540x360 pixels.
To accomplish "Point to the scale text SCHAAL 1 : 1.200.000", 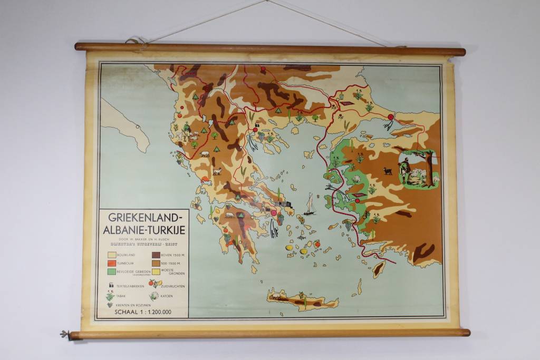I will tap(142, 312).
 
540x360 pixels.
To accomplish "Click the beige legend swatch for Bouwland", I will tap(111, 255).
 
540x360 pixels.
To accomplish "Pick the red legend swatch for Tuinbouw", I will tap(111, 263).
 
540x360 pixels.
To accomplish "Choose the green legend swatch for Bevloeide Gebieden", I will tap(111, 271).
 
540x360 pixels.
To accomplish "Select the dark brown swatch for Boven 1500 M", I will tap(156, 255).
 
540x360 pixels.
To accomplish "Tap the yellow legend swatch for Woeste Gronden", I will tap(156, 271).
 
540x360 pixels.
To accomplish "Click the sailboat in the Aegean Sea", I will tap(310, 205).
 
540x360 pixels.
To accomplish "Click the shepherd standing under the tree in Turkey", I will tap(405, 170).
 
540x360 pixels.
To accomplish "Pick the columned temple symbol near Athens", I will tap(282, 204).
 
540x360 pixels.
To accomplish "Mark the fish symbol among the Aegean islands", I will tap(301, 238).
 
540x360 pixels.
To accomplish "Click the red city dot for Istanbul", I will tap(391, 117).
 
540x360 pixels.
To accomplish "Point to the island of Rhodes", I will tap(378, 269).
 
